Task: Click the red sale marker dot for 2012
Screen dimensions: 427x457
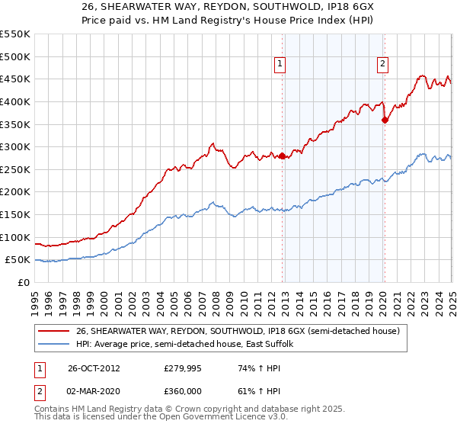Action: tap(283, 156)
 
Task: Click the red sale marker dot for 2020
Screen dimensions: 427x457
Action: tap(385, 120)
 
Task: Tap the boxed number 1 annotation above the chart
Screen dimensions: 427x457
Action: tap(281, 65)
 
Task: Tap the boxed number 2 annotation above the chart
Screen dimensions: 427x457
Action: tap(382, 65)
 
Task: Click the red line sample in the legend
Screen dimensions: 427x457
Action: tap(53, 330)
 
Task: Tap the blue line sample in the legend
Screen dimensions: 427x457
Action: tap(53, 345)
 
